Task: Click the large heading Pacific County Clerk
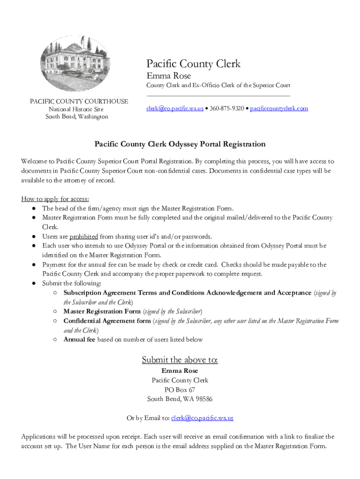(193, 64)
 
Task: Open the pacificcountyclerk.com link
(279, 109)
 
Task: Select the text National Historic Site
(76, 109)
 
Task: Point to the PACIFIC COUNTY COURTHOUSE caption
(79, 102)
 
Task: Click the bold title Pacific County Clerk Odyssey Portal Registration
(180, 144)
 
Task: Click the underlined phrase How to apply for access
(55, 199)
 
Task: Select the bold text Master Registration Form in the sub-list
(102, 311)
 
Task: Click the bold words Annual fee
(79, 340)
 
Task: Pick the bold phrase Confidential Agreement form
(107, 321)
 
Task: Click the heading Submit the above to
(180, 360)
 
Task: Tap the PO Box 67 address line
(180, 390)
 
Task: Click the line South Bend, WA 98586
(180, 399)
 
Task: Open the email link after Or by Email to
(202, 418)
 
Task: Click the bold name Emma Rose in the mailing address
(180, 371)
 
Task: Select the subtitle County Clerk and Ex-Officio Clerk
(218, 85)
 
